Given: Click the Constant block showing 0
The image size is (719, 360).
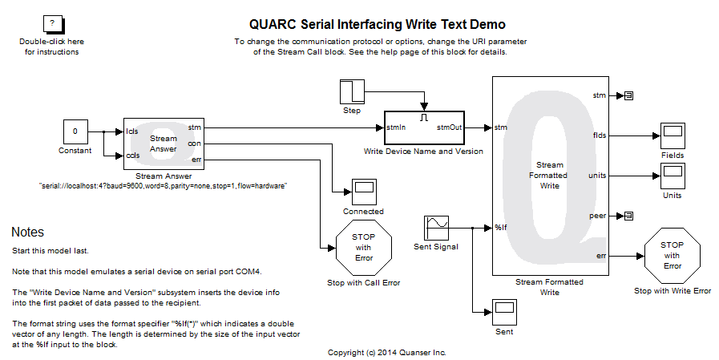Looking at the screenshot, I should click(75, 131).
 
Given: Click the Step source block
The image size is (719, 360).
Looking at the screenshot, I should click(352, 92).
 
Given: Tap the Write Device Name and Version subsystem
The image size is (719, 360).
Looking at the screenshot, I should click(423, 127).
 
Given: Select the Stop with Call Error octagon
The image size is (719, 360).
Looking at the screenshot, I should click(363, 248).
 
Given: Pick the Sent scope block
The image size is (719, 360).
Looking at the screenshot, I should click(504, 310).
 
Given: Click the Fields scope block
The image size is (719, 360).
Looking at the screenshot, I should click(673, 135).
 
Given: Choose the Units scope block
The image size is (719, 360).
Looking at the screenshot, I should click(673, 175).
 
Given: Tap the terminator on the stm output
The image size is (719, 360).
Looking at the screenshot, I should click(628, 95).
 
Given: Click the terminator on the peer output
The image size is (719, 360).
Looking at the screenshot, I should click(628, 215).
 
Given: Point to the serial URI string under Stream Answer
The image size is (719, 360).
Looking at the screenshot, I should click(163, 185).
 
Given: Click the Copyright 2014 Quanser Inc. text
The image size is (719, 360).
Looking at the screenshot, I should click(387, 352).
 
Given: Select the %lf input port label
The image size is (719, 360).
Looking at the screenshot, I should click(501, 228).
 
